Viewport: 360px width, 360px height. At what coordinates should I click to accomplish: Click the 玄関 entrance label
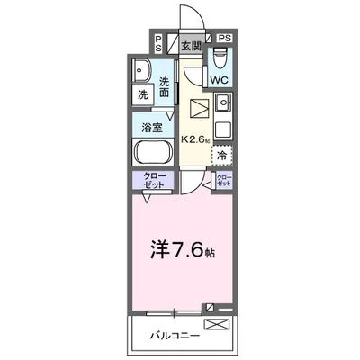coord(190,45)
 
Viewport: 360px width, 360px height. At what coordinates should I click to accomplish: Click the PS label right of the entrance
coord(224,39)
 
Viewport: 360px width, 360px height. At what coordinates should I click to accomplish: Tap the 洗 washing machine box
coord(144,94)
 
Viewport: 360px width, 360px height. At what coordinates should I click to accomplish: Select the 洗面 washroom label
coord(165,86)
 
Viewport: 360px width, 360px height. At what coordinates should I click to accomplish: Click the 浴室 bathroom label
coord(151,127)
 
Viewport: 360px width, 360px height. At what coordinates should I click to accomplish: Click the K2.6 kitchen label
coord(197,139)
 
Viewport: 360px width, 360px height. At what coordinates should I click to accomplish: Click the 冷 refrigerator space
coord(222,156)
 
